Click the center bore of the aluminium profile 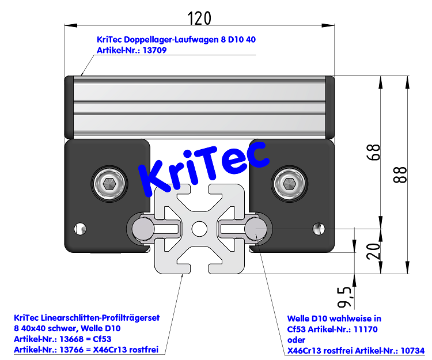[x=199, y=229]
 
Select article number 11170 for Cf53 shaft [x=364, y=329]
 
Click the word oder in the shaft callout [x=296, y=339]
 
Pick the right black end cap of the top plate [x=331, y=107]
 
